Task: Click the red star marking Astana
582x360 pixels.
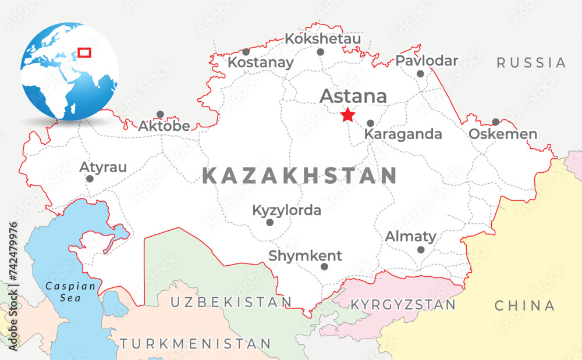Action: (347, 115)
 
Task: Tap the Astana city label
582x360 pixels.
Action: (353, 96)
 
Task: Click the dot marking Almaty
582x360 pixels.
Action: (421, 249)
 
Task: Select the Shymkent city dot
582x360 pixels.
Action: (324, 266)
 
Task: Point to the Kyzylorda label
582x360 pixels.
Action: (286, 210)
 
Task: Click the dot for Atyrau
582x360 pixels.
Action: (90, 179)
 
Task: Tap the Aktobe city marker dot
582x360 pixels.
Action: (160, 115)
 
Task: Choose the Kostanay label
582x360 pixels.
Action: (260, 62)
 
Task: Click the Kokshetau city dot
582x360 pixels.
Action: (320, 52)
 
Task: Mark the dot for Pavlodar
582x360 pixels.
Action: (420, 74)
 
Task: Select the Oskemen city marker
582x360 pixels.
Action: (495, 122)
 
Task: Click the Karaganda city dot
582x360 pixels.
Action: (370, 123)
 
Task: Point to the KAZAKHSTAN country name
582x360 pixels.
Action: (300, 176)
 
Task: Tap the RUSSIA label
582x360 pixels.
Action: (531, 63)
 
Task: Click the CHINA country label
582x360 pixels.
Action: (524, 305)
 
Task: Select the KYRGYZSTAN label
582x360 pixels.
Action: (403, 305)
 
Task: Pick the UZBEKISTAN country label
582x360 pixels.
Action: (230, 302)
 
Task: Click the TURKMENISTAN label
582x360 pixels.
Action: (195, 343)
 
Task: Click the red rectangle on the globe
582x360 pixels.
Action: (84, 52)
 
